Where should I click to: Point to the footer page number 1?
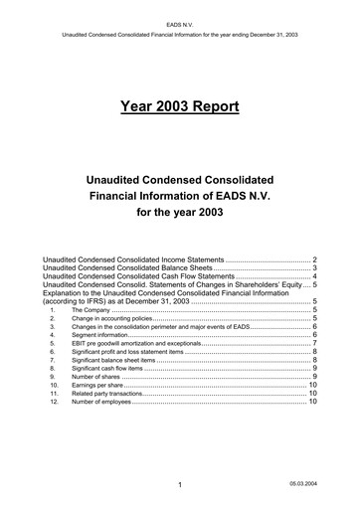[171, 486]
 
